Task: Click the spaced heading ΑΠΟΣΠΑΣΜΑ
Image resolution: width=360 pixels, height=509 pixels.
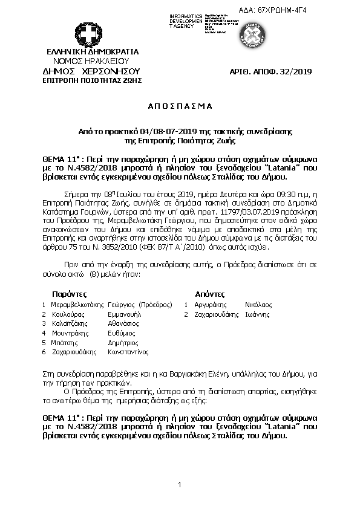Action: (180, 106)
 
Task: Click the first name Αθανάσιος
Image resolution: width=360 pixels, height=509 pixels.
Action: (126, 323)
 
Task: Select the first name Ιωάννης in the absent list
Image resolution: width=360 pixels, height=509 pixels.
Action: (257, 314)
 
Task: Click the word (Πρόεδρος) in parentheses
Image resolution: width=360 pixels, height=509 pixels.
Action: (155, 305)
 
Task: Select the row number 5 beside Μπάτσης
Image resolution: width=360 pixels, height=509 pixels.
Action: (44, 342)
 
